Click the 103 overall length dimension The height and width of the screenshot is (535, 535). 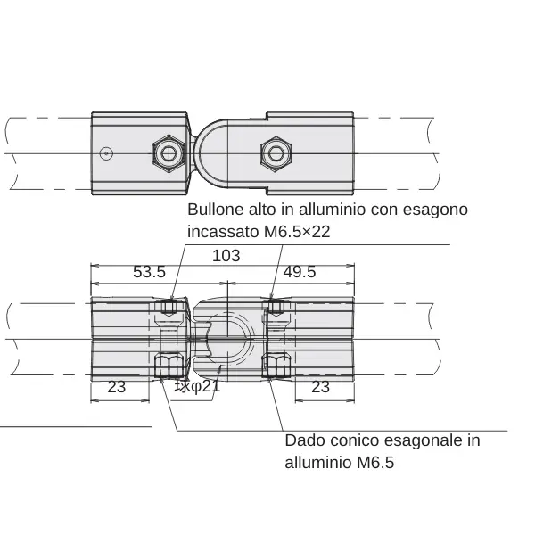226,256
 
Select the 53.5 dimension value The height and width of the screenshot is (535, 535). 149,272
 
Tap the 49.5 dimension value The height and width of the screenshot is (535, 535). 300,272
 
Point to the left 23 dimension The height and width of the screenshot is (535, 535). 116,387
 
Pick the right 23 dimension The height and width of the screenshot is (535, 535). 320,387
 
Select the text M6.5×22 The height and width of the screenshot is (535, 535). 297,232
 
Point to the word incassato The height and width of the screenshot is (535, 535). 223,232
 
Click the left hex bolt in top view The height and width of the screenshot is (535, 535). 169,153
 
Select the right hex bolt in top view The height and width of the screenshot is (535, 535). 276,153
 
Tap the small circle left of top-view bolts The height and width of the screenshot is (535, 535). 106,153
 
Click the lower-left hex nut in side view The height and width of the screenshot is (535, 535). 169,366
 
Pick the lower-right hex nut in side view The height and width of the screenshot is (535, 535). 276,366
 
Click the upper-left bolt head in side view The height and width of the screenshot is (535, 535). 169,309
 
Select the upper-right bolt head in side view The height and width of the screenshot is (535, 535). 276,309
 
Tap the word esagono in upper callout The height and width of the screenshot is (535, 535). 435,210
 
